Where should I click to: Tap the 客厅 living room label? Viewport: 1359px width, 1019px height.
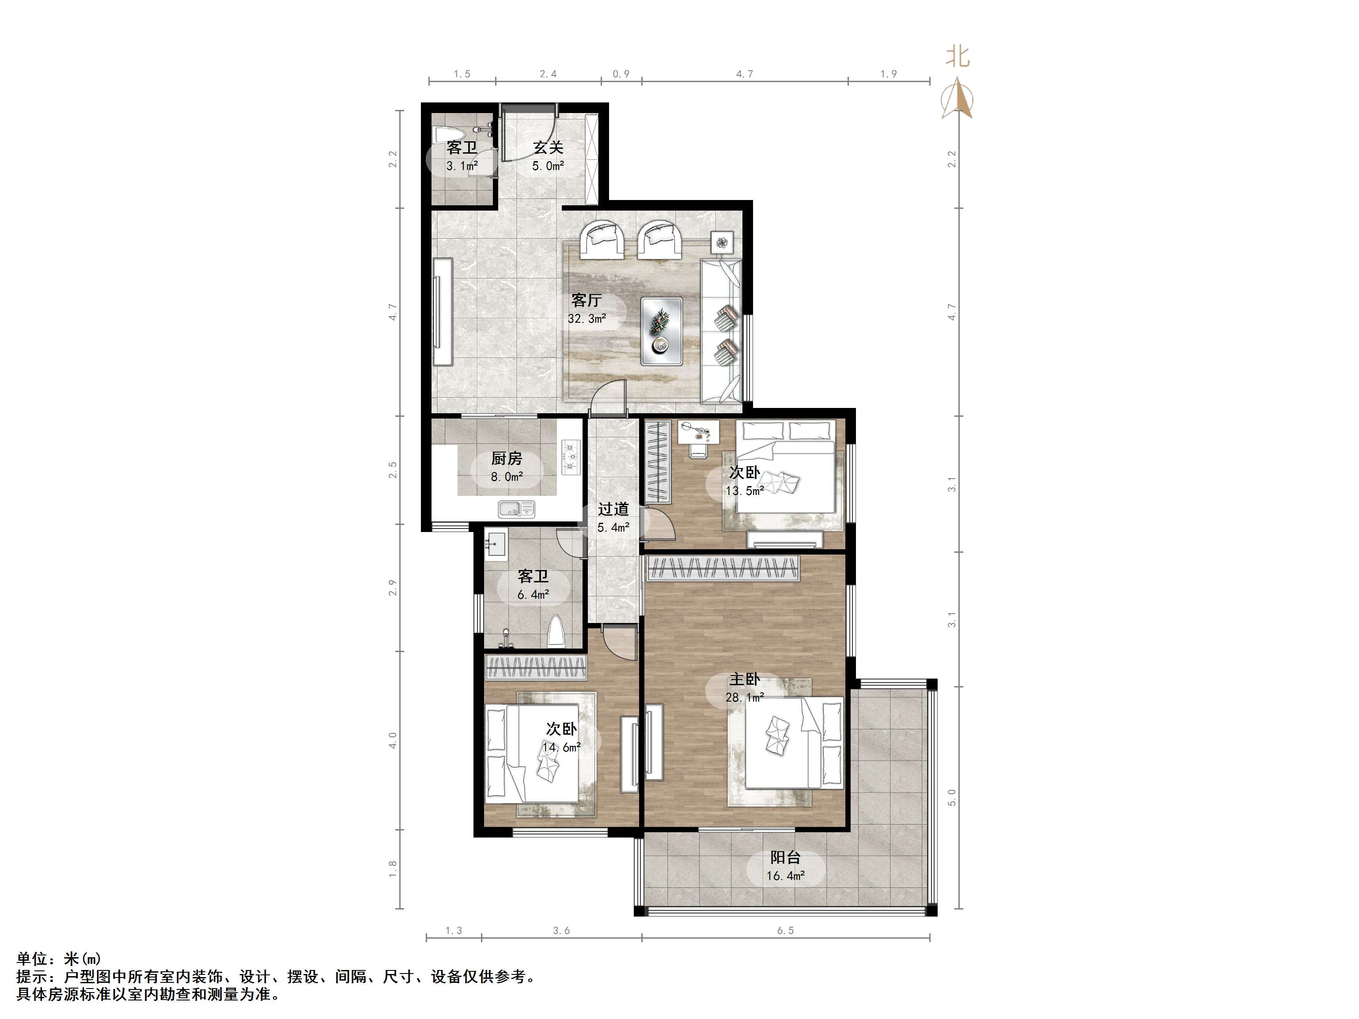point(586,300)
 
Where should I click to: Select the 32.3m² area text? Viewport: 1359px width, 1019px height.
point(587,319)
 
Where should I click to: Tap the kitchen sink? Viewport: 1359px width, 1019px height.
point(517,509)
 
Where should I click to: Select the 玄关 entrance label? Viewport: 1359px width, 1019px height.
point(548,147)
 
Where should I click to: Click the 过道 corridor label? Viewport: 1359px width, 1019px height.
point(613,509)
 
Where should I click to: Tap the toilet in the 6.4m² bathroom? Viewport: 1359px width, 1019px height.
point(556,631)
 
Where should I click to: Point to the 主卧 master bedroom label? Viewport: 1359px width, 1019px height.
point(745,679)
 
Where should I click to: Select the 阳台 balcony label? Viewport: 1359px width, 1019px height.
point(786,857)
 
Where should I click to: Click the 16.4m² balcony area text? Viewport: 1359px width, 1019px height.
point(786,876)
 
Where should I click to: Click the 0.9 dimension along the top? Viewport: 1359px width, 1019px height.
point(621,74)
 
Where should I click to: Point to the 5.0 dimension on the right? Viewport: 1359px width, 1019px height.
point(952,797)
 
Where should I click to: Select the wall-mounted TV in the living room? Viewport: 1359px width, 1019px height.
point(443,312)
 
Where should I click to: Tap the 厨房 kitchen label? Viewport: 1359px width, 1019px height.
point(507,458)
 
